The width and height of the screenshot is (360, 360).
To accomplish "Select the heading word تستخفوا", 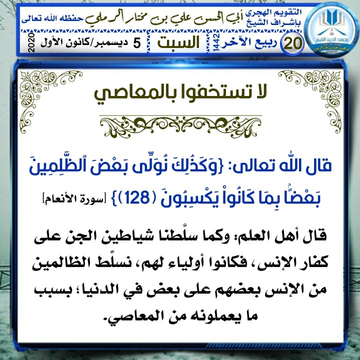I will [x=216, y=92].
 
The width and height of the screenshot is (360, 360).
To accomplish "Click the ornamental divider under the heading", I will [x=180, y=121].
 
